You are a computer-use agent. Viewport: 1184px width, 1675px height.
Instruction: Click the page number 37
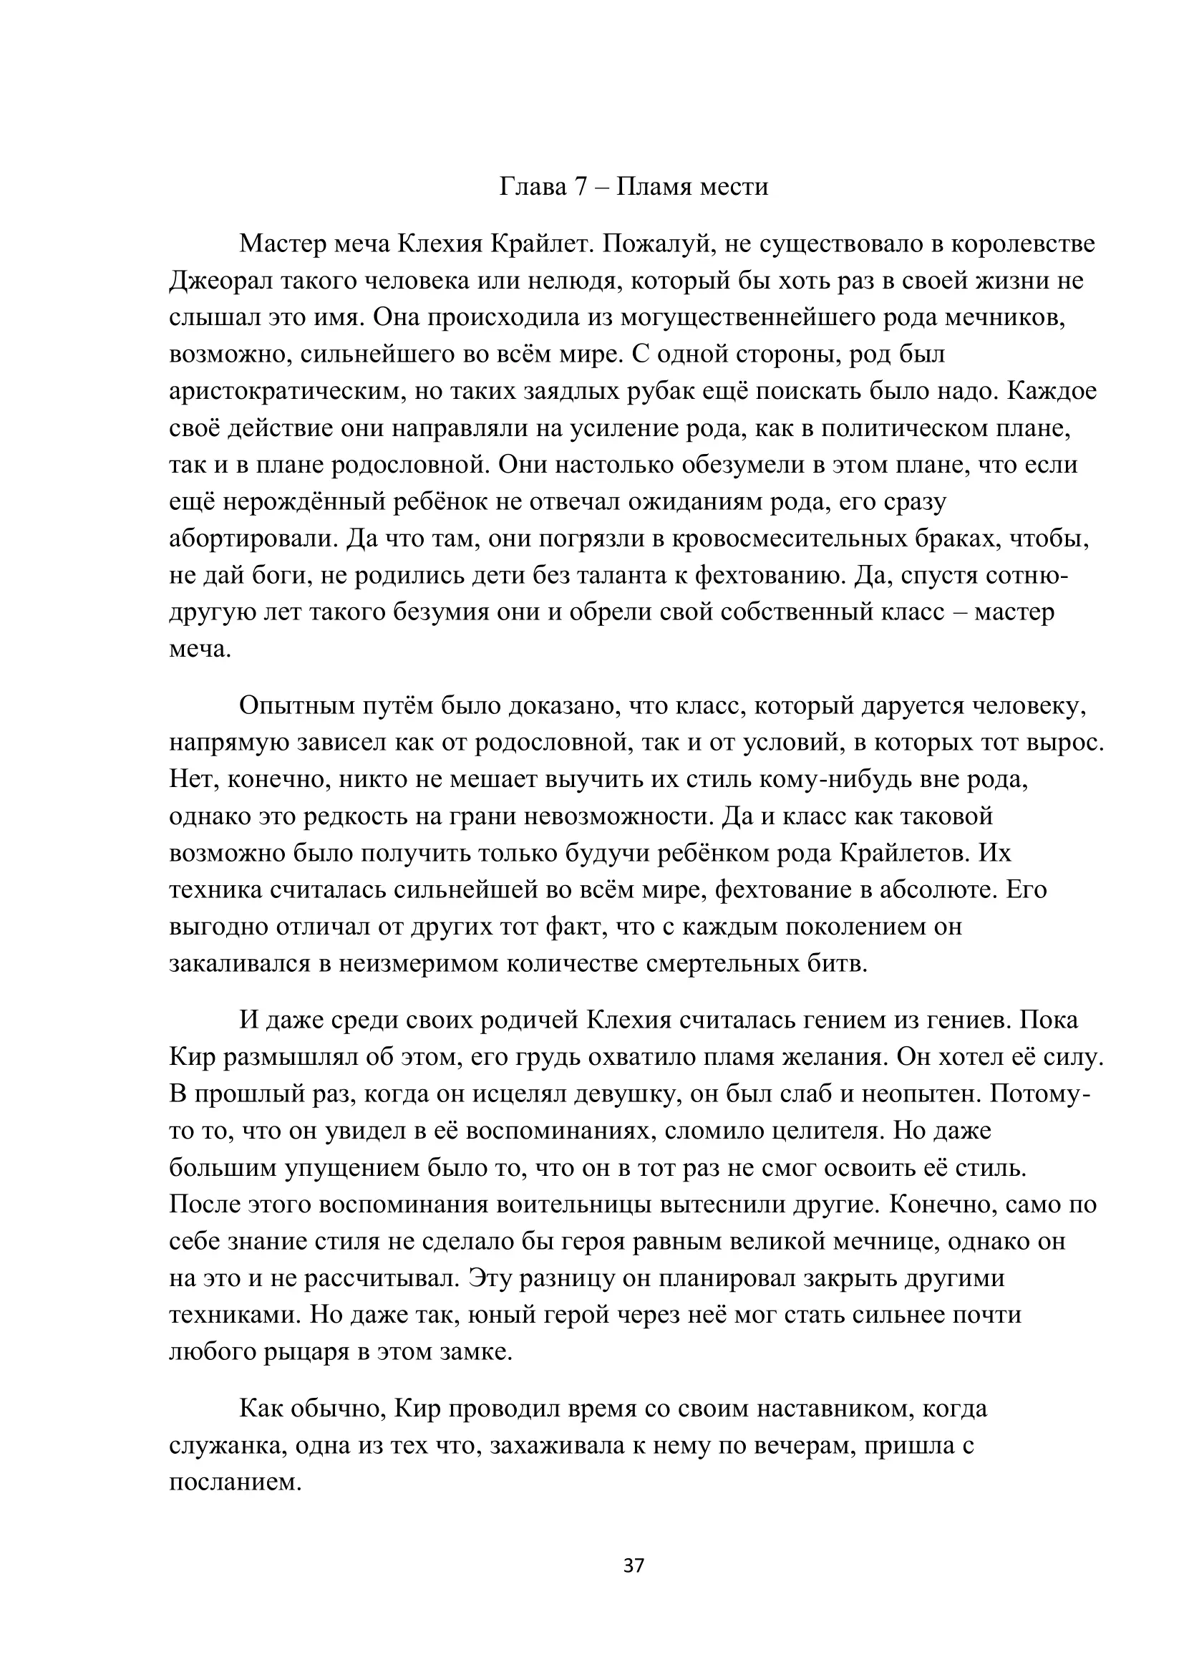click(x=634, y=1565)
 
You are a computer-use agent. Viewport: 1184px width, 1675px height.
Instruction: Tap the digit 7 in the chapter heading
click(x=581, y=188)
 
